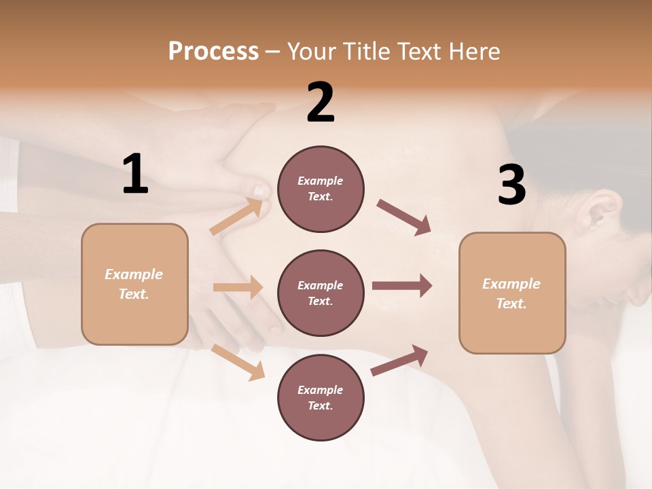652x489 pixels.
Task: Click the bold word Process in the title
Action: [213, 52]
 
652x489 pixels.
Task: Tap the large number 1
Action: [135, 175]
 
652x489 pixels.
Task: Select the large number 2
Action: [321, 103]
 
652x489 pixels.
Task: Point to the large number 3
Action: [511, 185]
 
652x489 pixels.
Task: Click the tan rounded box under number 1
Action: [134, 284]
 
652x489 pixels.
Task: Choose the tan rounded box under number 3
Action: [512, 293]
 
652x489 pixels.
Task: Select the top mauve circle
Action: [321, 189]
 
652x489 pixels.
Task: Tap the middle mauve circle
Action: [321, 293]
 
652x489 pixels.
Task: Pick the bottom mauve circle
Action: [321, 397]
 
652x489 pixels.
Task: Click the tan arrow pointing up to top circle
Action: [236, 217]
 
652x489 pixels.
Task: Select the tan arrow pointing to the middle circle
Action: [238, 287]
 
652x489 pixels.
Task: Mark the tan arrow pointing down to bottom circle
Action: [238, 361]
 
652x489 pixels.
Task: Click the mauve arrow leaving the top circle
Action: [404, 217]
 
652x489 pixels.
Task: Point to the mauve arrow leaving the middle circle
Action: [402, 286]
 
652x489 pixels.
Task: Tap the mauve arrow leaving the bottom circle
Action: [400, 360]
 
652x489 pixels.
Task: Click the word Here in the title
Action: [475, 52]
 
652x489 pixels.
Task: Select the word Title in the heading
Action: [366, 52]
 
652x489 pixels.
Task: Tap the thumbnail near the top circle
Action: [260, 190]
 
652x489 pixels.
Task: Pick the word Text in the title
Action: [420, 52]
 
